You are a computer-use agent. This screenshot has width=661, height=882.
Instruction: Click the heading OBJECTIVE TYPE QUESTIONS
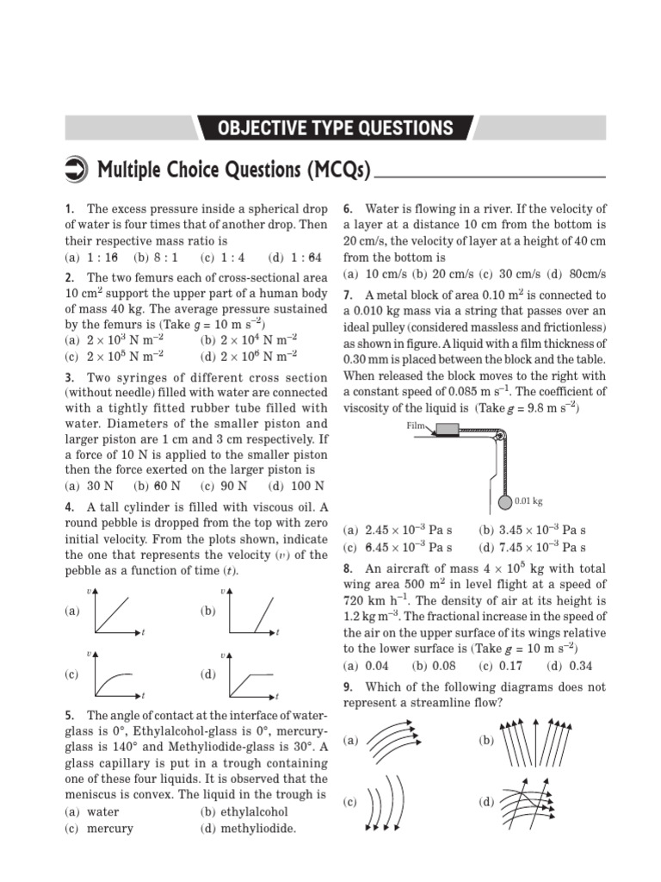335,128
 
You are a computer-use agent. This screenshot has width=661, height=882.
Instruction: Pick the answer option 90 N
218,485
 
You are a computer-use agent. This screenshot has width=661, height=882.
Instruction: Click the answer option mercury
109,829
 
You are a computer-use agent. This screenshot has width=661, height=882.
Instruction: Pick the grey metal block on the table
448,430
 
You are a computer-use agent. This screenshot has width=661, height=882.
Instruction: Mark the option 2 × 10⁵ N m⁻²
113,355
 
